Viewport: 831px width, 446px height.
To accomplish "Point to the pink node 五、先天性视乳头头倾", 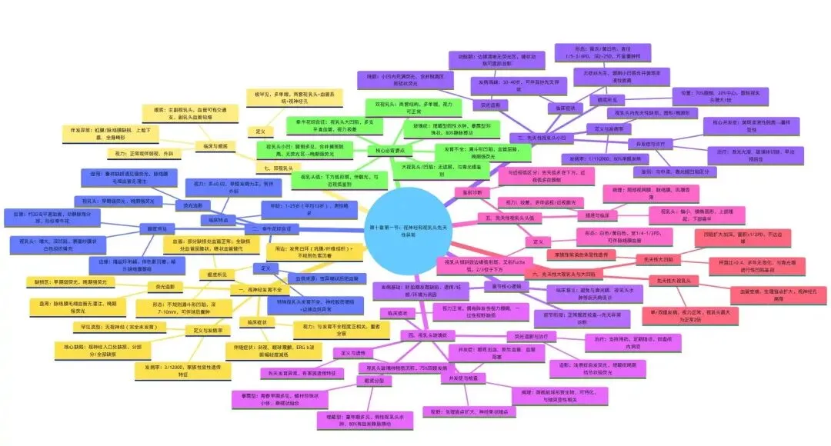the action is click(511, 218).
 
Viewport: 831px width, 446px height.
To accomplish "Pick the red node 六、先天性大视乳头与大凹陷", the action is click(563, 274).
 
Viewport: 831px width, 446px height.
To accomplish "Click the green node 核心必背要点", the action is click(392, 150).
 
